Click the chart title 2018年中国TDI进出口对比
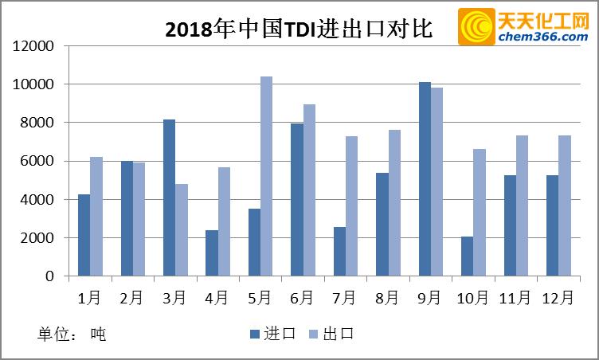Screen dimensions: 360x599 (298, 29)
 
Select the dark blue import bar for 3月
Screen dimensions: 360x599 (169, 198)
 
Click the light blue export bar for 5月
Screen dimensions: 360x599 (266, 176)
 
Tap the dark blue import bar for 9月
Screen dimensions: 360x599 (425, 179)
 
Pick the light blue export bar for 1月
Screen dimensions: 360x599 (96, 217)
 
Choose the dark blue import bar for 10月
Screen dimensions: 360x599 (467, 256)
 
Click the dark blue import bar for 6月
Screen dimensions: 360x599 (296, 200)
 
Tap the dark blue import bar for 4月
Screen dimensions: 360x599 (211, 252)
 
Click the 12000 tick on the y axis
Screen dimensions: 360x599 (33, 46)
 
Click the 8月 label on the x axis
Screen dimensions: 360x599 (387, 298)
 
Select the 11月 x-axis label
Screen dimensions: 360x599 (515, 298)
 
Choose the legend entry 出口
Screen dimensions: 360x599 (331, 334)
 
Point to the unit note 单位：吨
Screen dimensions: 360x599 (72, 334)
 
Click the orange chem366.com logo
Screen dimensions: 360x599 (523, 27)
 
